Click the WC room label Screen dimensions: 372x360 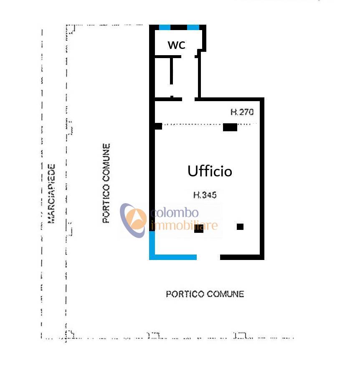176,45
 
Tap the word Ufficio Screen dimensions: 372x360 210,171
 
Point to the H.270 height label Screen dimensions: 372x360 242,112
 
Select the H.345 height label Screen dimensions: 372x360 205,194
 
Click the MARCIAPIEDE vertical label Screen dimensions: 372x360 51,193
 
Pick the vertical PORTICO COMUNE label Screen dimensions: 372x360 106,183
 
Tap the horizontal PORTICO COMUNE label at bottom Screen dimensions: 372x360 205,294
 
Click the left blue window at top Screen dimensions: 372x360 165,28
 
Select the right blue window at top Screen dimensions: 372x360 193,28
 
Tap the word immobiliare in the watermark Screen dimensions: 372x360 184,226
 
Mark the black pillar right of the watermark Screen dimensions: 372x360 240,227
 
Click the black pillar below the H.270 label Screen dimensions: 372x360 230,127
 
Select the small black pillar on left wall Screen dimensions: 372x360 158,126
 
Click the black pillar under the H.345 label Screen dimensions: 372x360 199,229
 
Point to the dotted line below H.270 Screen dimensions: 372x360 192,124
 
